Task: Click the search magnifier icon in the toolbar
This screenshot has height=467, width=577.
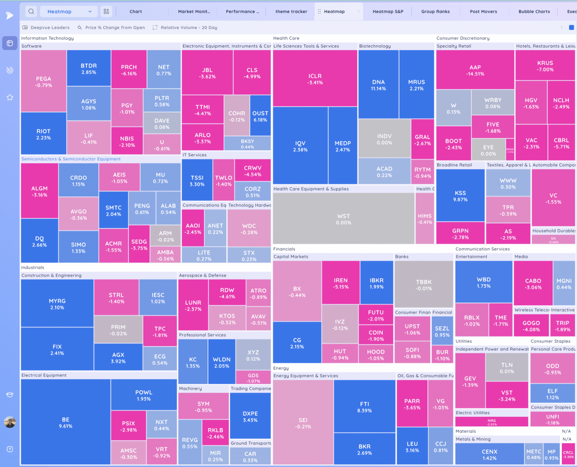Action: coord(31,11)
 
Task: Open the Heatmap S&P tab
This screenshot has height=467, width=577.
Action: coord(388,11)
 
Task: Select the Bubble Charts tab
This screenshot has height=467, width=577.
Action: coord(534,11)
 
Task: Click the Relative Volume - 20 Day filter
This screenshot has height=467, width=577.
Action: coord(189,27)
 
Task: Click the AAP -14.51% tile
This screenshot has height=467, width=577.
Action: coord(475,70)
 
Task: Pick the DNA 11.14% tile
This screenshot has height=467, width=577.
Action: coord(378,85)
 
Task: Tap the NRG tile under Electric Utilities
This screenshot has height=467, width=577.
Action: coord(491,422)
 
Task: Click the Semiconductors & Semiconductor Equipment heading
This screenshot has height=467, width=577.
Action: coord(71,159)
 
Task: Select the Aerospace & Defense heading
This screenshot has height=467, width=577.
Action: coord(203,275)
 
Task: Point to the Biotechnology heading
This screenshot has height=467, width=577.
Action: coord(375,46)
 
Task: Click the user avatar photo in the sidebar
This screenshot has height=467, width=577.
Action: coord(10,422)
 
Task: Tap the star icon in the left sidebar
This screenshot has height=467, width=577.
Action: coord(10,97)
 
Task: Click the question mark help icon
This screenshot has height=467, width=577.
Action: coord(10,449)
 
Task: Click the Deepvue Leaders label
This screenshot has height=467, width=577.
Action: coord(50,27)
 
